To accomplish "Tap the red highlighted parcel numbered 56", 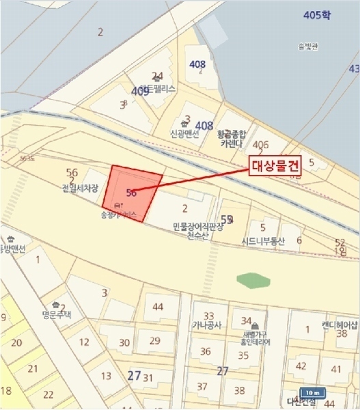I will (133, 193).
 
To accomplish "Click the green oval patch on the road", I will (253, 279).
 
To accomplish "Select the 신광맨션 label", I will (184, 134).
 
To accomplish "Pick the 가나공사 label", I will (207, 325).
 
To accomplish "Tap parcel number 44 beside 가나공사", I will (158, 307).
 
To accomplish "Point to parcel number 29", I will (154, 341).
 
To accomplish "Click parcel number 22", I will (48, 395).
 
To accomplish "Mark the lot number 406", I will (260, 145).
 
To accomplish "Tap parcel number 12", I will (85, 342).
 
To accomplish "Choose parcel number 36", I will (206, 351).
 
